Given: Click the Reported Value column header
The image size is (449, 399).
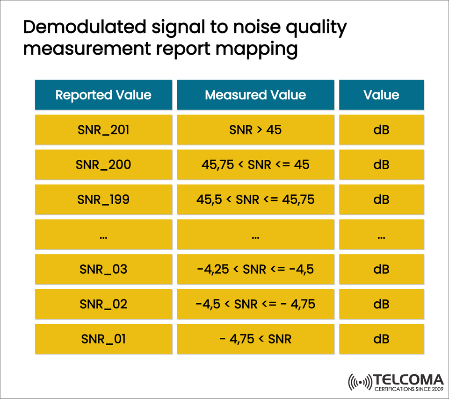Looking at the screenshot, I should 103,95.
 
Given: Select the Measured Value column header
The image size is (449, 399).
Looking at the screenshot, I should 255,95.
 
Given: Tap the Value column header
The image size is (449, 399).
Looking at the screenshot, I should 381,95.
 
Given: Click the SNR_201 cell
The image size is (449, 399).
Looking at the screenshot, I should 103,130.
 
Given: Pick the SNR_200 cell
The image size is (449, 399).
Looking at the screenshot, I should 103,165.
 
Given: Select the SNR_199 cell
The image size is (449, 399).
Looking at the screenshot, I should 103,200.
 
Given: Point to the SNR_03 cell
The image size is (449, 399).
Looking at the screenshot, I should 103,270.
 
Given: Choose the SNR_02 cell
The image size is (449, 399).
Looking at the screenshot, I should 103,305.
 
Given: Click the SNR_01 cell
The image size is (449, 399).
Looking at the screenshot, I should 103,339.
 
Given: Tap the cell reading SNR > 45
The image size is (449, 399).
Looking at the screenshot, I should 255,130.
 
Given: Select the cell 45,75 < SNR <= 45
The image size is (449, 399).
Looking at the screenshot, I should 255,165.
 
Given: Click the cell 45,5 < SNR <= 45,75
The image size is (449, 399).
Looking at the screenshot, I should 255,200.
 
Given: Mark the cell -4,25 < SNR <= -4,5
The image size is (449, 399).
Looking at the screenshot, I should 255,270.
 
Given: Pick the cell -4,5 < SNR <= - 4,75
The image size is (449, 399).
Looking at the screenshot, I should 255,305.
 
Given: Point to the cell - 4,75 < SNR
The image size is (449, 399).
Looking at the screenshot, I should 255,339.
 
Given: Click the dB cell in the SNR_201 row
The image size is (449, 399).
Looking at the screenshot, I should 381,130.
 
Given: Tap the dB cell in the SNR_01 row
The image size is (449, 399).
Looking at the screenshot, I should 381,339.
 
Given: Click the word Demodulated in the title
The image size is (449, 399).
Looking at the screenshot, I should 84,28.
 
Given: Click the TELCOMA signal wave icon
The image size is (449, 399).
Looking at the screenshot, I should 360,382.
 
